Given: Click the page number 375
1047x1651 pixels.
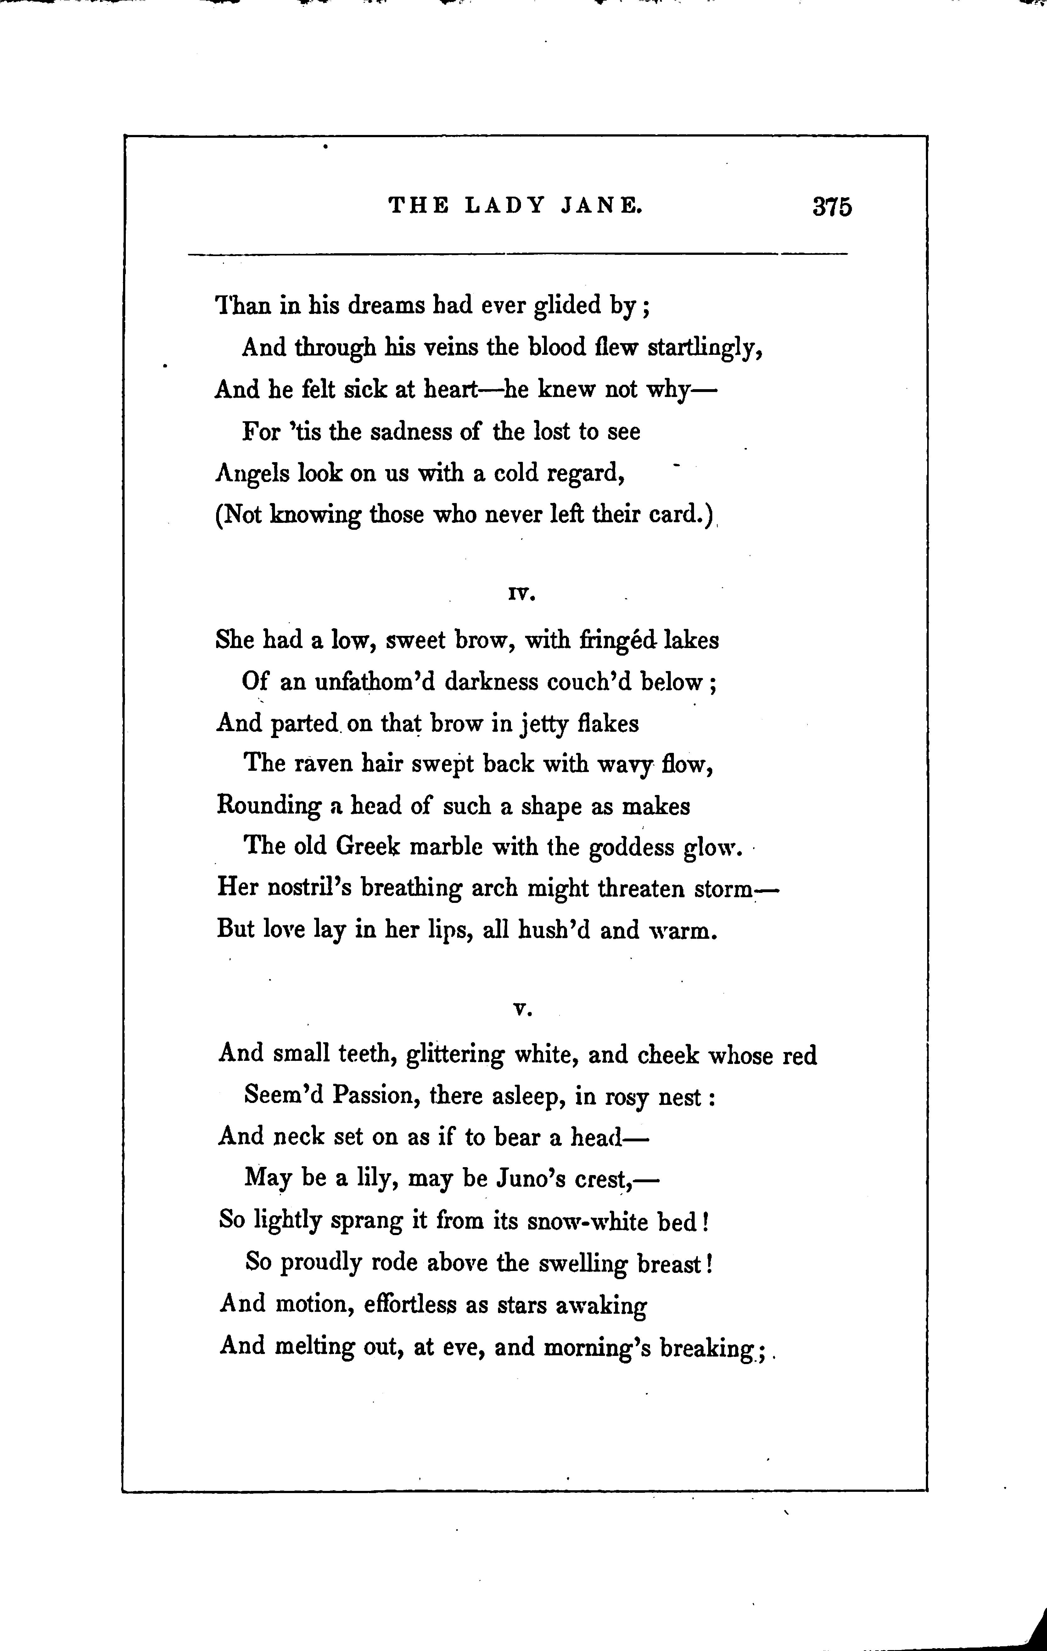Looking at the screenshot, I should point(832,206).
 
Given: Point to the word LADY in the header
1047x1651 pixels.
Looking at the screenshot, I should point(505,205).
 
